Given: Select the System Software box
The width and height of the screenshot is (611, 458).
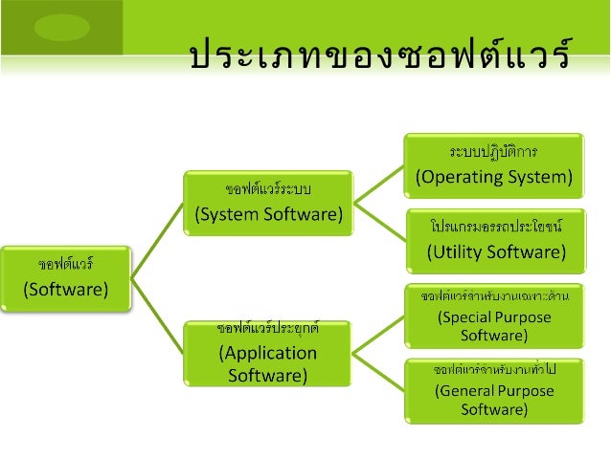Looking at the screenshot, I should click(269, 202).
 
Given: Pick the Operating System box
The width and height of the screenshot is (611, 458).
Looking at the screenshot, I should click(493, 164).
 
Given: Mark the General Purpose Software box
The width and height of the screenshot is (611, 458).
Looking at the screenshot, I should click(493, 388).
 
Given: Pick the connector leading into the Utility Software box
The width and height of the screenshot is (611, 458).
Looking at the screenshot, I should click(379, 221).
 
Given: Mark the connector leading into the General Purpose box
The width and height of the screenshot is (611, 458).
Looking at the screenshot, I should click(379, 370).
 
